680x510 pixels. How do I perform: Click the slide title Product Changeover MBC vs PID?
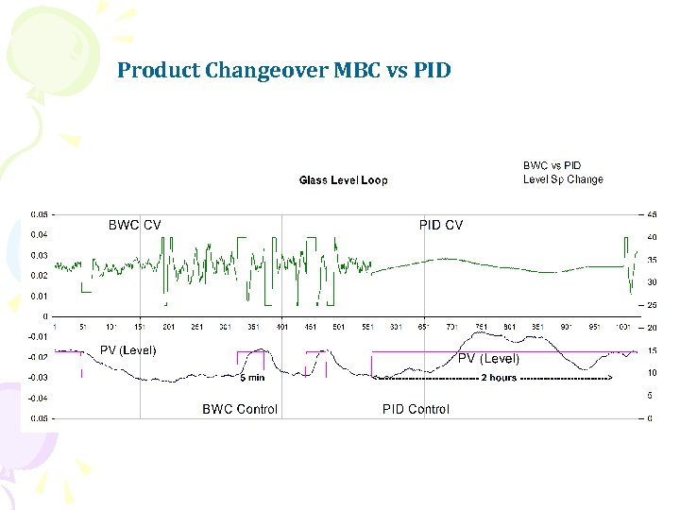(x=283, y=70)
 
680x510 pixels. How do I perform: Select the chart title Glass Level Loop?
(x=343, y=180)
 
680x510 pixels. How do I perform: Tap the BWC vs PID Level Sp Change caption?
(x=563, y=173)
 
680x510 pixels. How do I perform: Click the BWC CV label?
(x=134, y=225)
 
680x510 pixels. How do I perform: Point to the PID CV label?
(x=441, y=225)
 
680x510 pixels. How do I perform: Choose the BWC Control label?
(x=240, y=409)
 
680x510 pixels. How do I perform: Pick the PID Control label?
(x=416, y=409)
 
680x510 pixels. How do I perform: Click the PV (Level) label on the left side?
(x=128, y=350)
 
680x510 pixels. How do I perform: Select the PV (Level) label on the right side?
(x=488, y=359)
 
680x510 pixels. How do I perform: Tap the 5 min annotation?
(x=251, y=378)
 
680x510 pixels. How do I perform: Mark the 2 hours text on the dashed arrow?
(x=499, y=378)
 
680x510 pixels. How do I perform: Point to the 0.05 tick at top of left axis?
(x=40, y=213)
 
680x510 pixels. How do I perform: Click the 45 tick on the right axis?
(x=652, y=213)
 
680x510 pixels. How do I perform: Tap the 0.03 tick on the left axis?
(x=40, y=255)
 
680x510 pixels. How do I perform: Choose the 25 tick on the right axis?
(x=652, y=305)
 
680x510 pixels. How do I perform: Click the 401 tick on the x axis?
(x=282, y=328)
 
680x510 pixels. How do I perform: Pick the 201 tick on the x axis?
(x=169, y=328)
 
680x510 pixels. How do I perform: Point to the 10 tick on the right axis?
(x=652, y=373)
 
